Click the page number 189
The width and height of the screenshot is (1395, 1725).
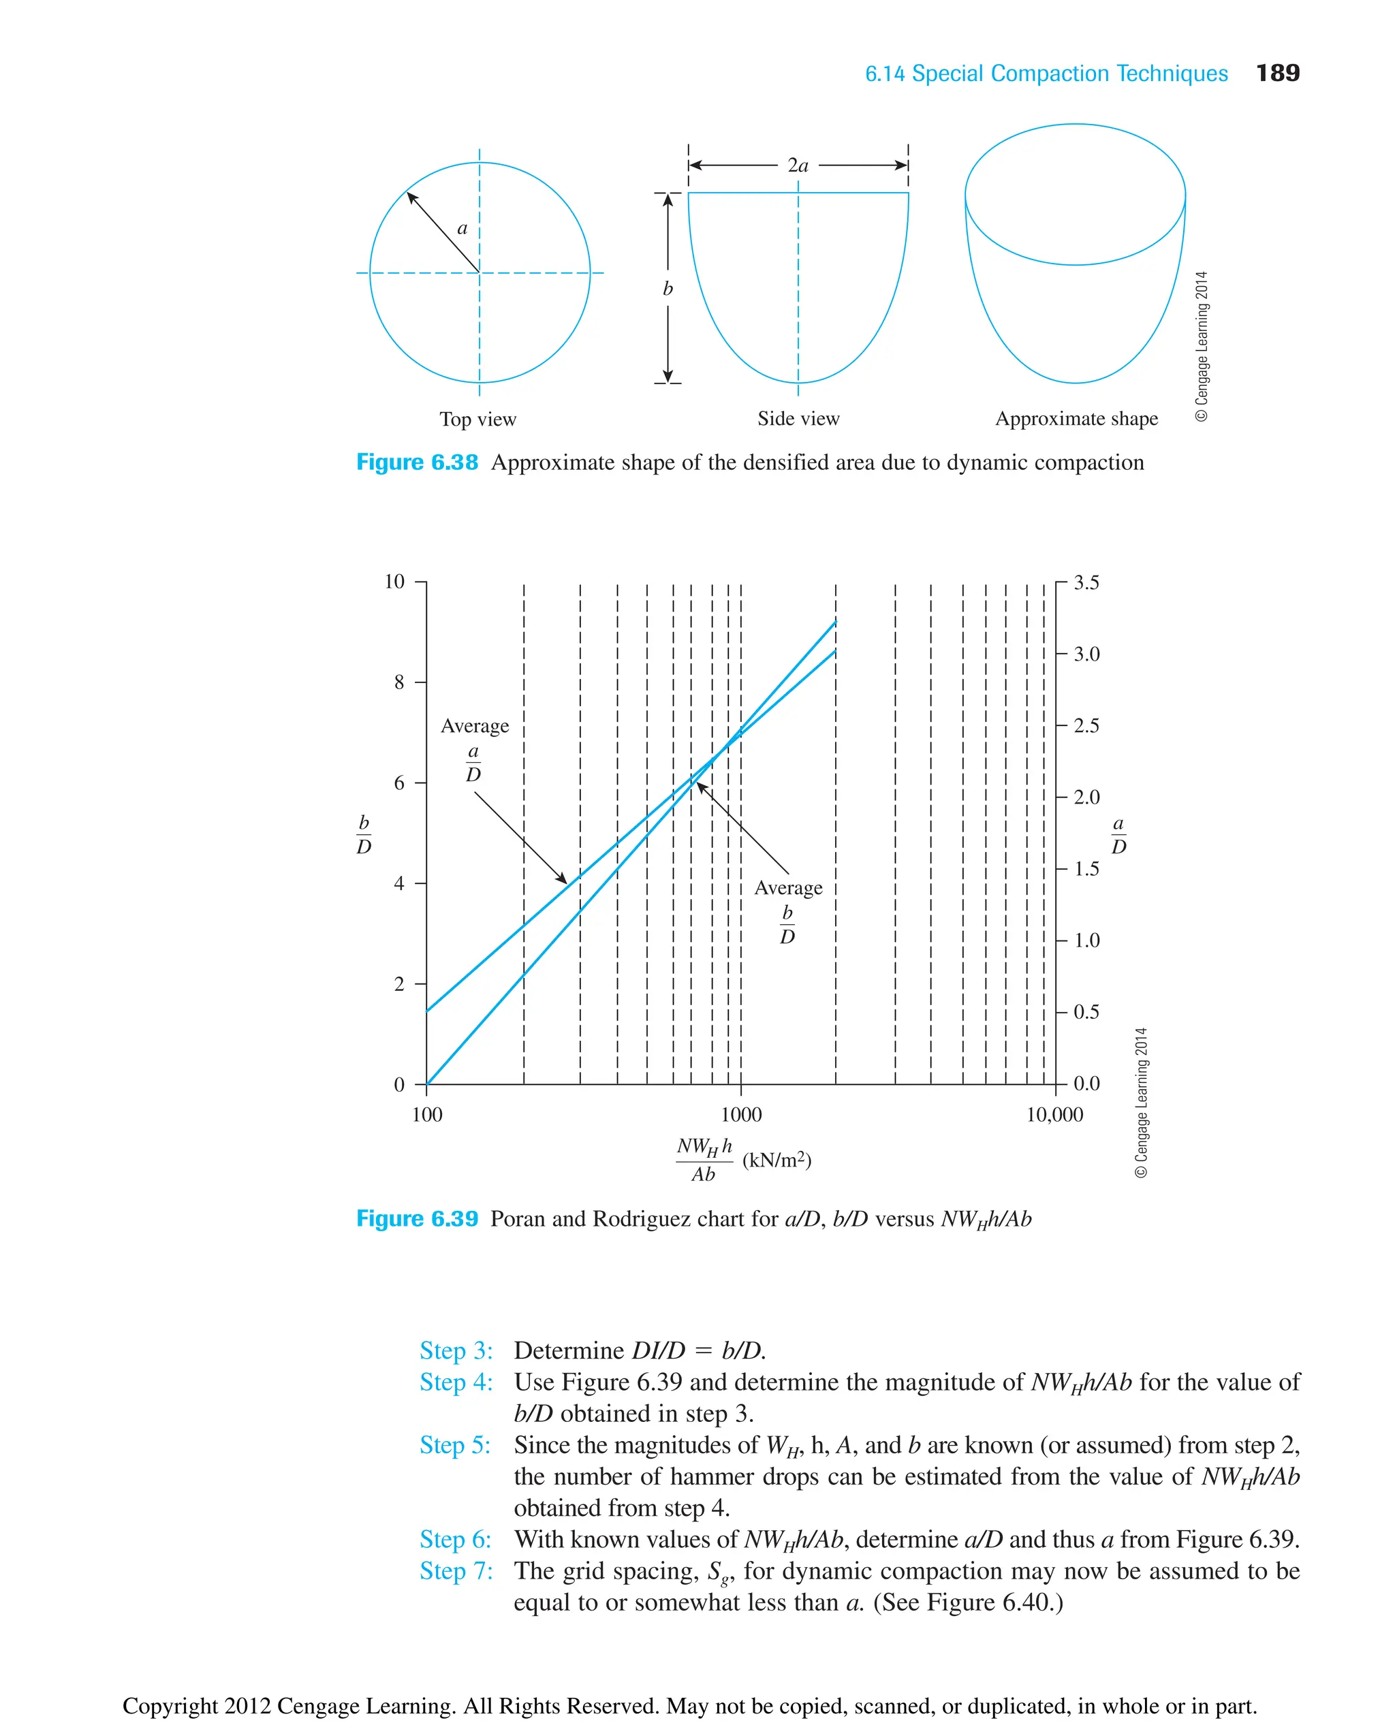1277,73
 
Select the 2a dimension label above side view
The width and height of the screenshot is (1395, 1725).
797,165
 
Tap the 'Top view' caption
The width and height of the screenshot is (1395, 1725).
477,420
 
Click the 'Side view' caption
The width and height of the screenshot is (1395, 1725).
798,419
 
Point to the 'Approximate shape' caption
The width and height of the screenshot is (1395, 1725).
1076,419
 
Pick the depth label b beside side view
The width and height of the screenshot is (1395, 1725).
667,289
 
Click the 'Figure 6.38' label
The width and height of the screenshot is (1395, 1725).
416,463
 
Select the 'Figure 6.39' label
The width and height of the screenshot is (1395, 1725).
416,1219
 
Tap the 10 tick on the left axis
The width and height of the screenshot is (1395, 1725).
394,582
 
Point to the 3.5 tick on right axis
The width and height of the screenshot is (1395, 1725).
1086,582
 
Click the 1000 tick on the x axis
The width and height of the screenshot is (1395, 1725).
741,1114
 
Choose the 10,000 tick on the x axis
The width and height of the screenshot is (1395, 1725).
1054,1114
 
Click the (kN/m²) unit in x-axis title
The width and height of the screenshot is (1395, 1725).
777,1160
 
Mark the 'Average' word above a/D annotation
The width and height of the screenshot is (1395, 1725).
475,727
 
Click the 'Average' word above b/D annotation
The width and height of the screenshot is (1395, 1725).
788,888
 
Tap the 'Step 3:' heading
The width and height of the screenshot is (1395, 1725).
456,1350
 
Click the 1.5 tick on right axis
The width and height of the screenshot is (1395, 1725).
1086,868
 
